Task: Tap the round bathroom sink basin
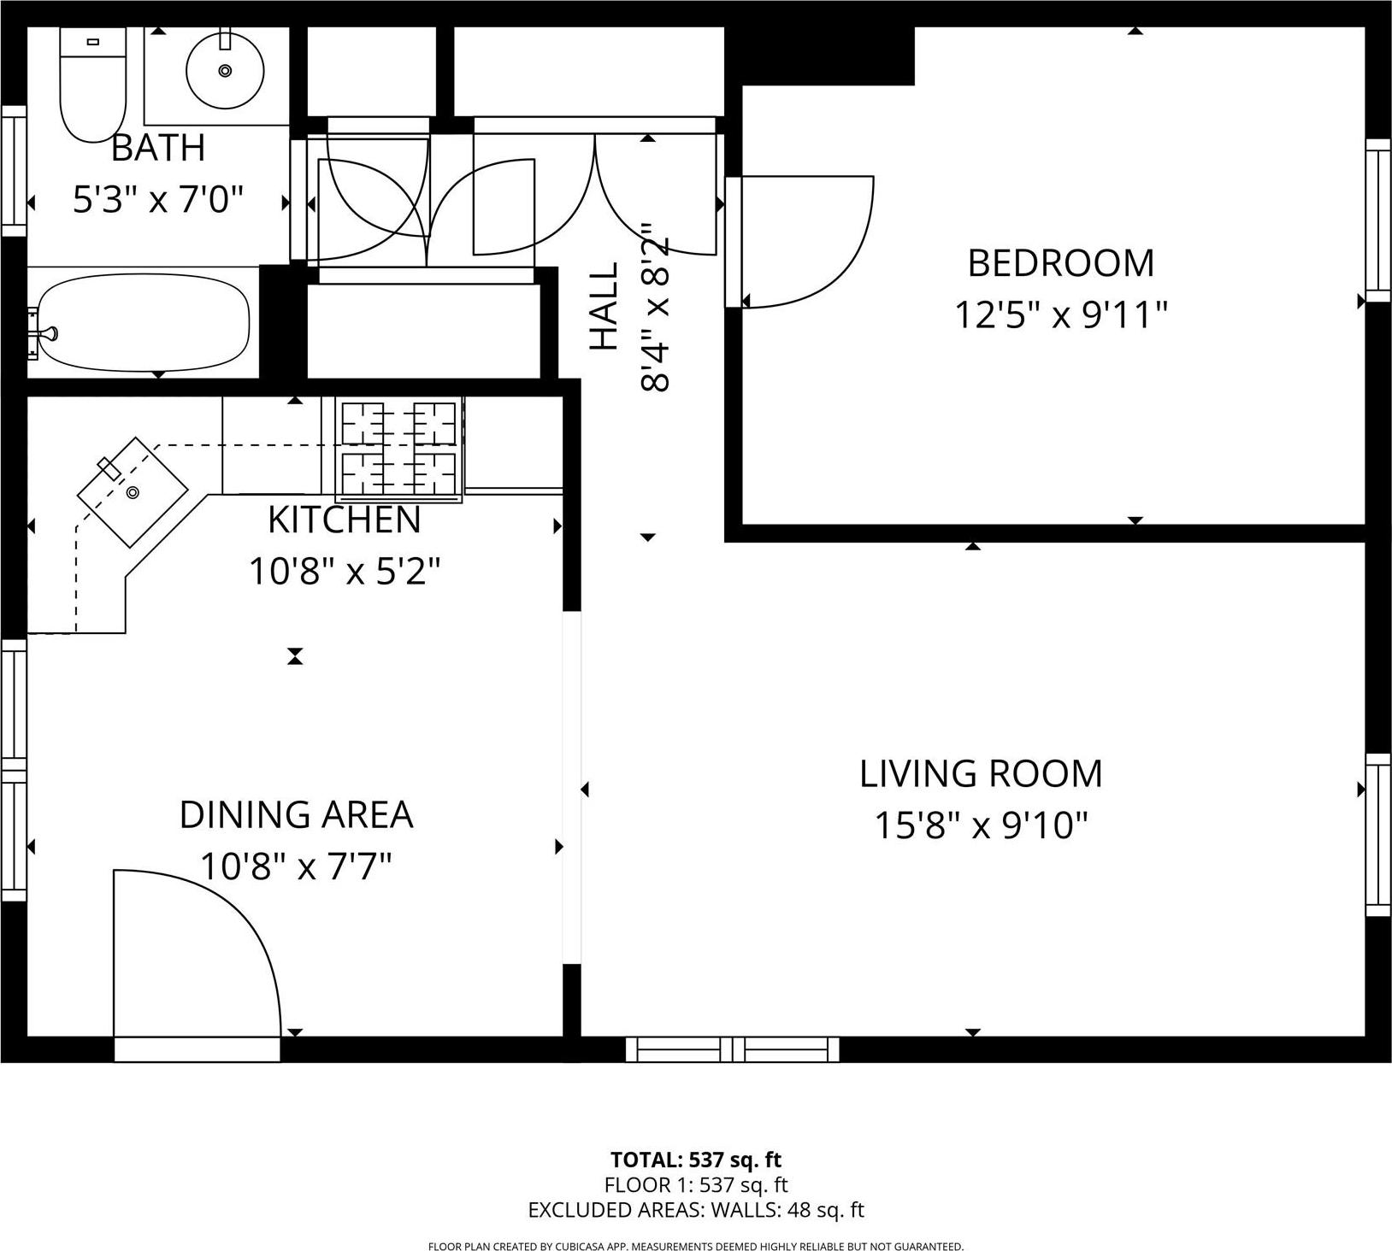225,70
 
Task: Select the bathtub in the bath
144,322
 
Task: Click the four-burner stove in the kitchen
398,449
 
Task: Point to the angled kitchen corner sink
133,492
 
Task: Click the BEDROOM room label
1060,263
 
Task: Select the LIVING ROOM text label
981,773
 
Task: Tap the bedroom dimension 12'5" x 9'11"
1060,315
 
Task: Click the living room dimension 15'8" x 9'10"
981,825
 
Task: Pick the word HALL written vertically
605,306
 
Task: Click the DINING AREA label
296,814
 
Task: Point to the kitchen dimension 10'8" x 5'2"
345,572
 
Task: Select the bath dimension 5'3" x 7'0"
158,201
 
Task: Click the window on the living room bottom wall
732,1049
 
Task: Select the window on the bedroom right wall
1377,220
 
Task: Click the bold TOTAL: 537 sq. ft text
696,1160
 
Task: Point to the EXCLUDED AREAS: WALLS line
696,1210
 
